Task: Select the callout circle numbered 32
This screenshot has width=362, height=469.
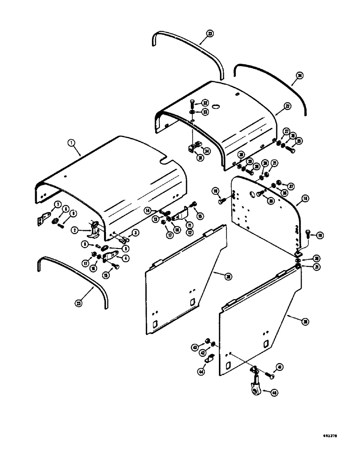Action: tap(205, 103)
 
